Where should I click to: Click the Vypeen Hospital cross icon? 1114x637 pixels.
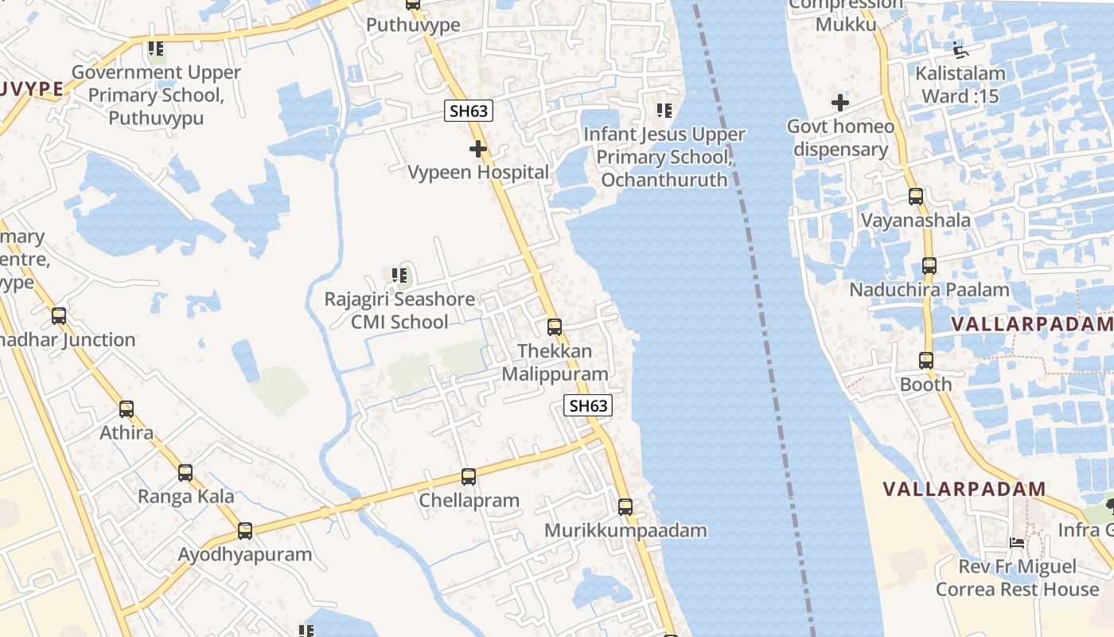tap(477, 148)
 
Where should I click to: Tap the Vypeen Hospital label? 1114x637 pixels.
tap(478, 172)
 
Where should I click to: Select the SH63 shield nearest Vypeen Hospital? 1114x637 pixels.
tap(468, 111)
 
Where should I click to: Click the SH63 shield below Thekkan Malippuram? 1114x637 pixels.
tap(588, 405)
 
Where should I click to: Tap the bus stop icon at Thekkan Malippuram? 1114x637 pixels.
tap(555, 326)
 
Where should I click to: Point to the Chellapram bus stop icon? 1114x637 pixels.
tap(469, 477)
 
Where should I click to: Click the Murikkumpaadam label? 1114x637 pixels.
tap(625, 530)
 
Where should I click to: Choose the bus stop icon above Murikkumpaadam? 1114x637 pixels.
tap(625, 506)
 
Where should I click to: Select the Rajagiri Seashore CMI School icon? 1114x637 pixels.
tap(399, 276)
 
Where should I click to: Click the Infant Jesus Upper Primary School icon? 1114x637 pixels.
tap(664, 111)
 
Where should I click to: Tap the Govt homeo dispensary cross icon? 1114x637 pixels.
tap(839, 103)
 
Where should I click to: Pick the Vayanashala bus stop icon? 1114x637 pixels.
tap(916, 197)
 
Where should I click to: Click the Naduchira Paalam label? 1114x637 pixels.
tap(929, 290)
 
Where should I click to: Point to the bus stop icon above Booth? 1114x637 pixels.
tap(926, 361)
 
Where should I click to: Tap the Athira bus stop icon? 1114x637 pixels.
tap(127, 409)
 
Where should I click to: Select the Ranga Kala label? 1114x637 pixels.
tap(186, 497)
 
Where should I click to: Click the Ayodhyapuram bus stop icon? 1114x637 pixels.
tap(245, 530)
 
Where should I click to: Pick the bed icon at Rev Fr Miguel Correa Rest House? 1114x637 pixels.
tap(1016, 543)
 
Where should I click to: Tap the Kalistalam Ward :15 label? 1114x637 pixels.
tap(960, 85)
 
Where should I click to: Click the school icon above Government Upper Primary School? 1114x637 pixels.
tap(156, 49)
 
